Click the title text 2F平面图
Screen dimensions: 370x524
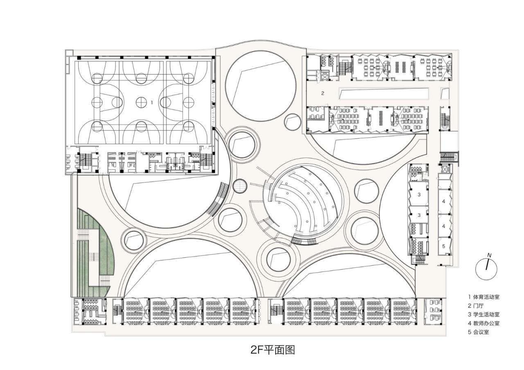click(273, 350)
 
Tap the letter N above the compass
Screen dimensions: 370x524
click(489, 255)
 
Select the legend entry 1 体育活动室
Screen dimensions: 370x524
click(484, 297)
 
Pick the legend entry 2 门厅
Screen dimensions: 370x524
click(476, 305)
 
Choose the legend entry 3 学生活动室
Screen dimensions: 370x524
click(484, 314)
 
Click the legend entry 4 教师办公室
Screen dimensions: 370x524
click(484, 323)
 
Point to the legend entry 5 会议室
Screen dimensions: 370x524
click(479, 332)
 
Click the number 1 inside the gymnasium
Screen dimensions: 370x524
click(152, 102)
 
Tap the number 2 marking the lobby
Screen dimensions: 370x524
click(323, 93)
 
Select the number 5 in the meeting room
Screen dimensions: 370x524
click(443, 246)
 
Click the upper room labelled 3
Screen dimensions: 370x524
click(419, 195)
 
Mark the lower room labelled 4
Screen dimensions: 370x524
click(443, 226)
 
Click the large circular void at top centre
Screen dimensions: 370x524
click(261, 88)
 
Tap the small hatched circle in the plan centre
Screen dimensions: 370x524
click(239, 187)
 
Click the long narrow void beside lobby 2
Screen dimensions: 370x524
click(384, 94)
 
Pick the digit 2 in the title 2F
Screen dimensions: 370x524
click(254, 350)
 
